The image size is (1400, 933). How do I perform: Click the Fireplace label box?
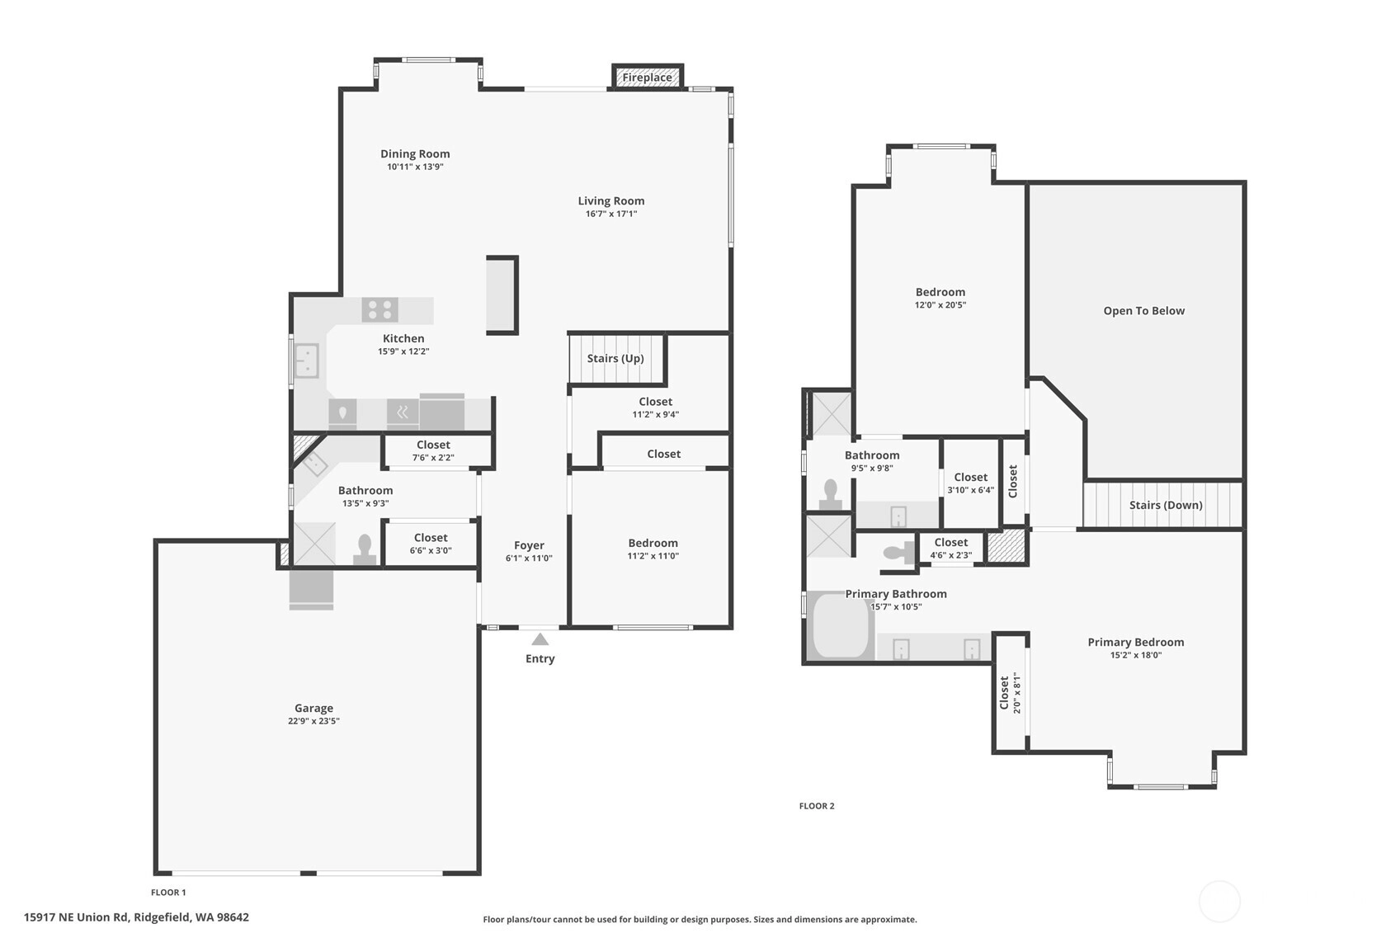coord(647,78)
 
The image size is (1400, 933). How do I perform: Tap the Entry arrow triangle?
coord(540,639)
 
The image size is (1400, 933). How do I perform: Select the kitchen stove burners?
coord(380,310)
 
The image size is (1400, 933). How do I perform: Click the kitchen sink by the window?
coord(307,360)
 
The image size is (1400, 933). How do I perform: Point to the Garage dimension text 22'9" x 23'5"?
coord(313,720)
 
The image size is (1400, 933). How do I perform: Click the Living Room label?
coord(610,200)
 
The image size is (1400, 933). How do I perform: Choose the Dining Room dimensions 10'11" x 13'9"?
coord(415,167)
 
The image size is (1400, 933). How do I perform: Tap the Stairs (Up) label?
coord(615,358)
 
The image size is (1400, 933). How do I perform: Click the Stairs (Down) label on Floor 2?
coord(1166,505)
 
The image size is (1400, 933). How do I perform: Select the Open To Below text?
coord(1143,310)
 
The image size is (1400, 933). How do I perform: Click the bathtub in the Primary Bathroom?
coord(841,625)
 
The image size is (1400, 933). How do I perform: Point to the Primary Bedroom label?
coord(1136,642)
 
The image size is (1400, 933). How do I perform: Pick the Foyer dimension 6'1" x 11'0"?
coord(529,558)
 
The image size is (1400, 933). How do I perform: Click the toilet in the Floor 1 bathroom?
coord(365,549)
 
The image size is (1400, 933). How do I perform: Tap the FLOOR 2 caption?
coord(817,805)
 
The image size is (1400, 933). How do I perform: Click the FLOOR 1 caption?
coord(169,892)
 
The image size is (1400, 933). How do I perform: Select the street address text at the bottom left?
coord(136,917)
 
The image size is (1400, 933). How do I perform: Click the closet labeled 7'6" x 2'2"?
coord(433,450)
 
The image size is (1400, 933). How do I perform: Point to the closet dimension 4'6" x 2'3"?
coord(950,555)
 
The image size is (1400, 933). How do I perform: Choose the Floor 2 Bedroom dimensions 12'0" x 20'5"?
coord(940,305)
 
